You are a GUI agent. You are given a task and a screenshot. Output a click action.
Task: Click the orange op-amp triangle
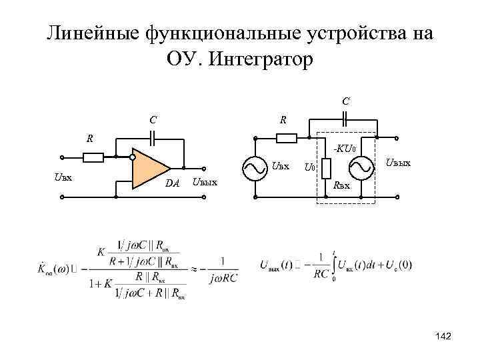click(149, 168)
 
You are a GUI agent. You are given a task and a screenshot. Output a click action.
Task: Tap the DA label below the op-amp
click(173, 183)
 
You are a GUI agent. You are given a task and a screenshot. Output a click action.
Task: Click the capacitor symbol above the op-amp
click(153, 138)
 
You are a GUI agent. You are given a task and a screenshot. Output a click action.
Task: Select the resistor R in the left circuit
click(93, 158)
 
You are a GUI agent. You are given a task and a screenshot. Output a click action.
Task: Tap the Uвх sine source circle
click(255, 170)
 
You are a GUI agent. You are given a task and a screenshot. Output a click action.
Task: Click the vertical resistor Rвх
click(326, 169)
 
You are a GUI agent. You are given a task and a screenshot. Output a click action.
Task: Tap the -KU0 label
click(347, 148)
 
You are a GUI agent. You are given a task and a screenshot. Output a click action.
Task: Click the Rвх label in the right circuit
click(341, 186)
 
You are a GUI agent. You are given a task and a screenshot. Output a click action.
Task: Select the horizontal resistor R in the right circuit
click(287, 138)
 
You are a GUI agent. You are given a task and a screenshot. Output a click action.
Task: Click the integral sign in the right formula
click(333, 265)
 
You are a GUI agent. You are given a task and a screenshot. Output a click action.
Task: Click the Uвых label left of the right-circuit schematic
click(205, 182)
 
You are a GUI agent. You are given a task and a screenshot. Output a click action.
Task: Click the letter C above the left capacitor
click(153, 121)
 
